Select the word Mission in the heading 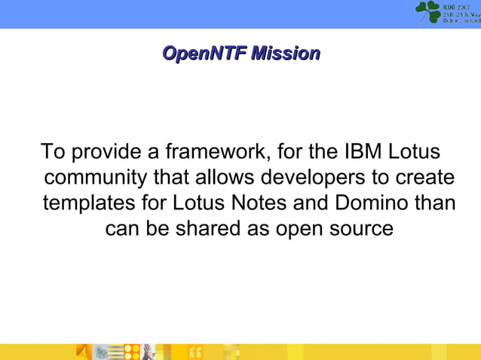pos(285,53)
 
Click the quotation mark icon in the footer pos(195,352)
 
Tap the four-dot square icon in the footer pos(133,352)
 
